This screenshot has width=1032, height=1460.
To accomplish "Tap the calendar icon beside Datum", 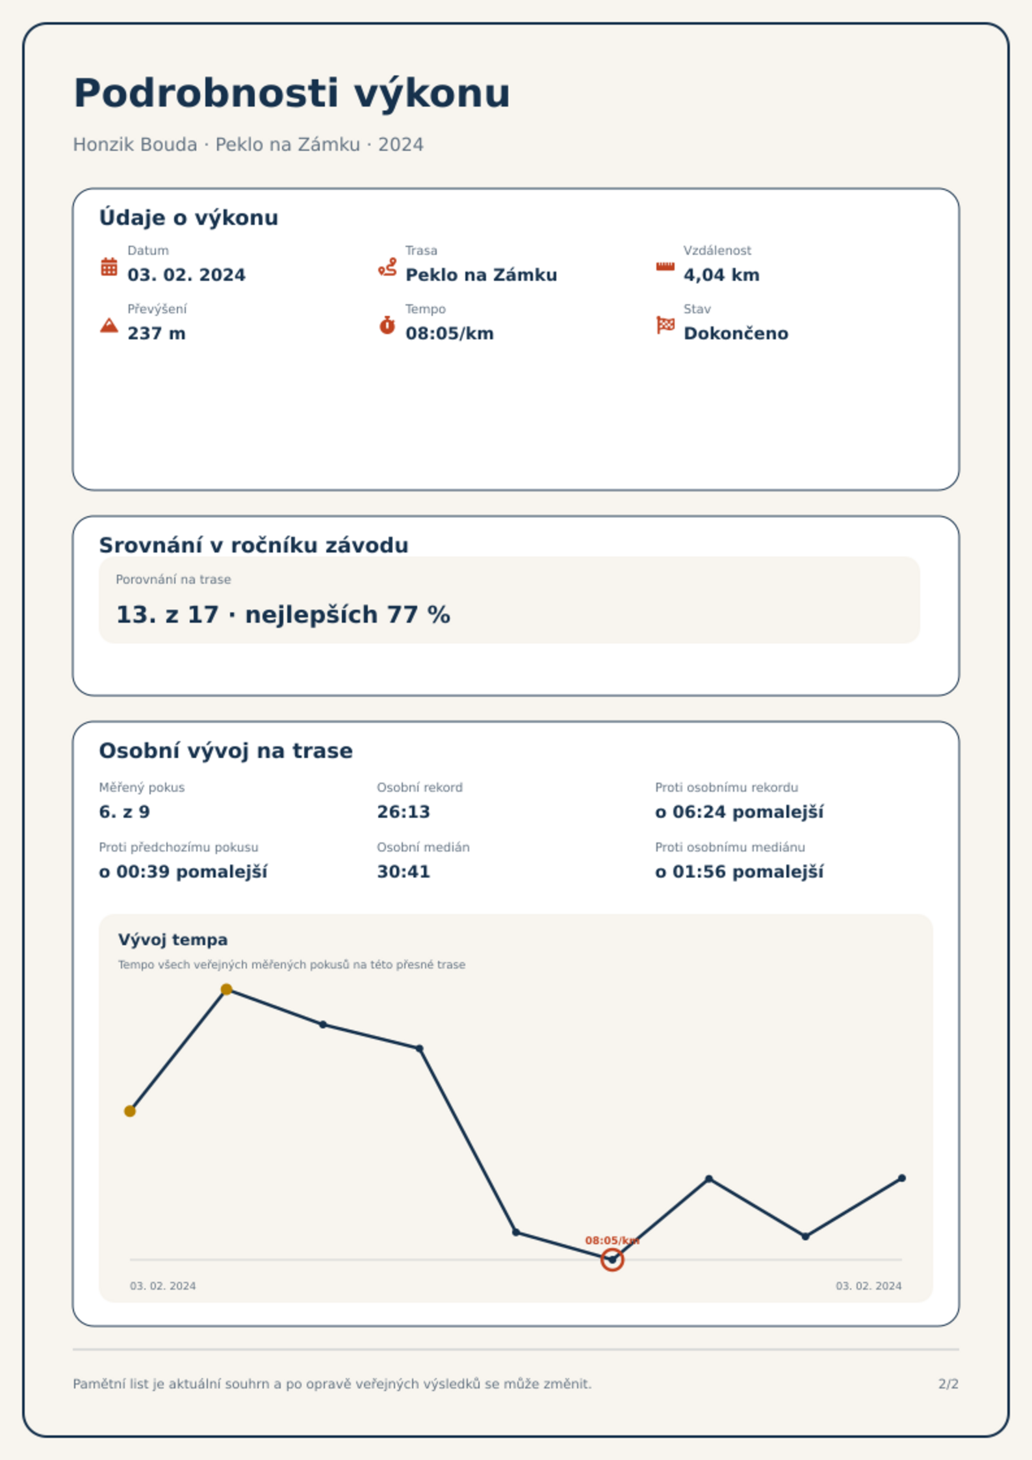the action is [109, 267].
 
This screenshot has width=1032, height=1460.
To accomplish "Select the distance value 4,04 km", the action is [721, 275].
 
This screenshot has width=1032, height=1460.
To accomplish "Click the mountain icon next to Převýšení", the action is [109, 325].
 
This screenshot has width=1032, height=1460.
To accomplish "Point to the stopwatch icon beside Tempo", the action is [387, 325].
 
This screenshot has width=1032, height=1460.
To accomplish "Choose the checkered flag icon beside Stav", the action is [665, 325].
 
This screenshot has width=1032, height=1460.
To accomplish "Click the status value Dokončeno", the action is [736, 333].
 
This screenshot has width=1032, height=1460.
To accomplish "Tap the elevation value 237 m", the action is [157, 333].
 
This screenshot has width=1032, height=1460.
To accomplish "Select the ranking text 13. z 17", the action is [167, 614].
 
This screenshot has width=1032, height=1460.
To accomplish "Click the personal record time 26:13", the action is [404, 812].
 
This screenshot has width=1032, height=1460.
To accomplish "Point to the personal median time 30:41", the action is [404, 872].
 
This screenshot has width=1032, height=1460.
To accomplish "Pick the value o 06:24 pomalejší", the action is [739, 812].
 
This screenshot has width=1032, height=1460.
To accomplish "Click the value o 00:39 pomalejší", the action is [183, 872].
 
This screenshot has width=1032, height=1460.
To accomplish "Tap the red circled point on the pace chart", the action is [612, 1260].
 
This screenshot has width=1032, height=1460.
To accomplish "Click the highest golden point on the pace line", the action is [226, 989].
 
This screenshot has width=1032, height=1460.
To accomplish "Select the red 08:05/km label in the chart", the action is [612, 1240].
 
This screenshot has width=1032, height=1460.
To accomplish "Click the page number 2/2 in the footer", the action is [948, 1384].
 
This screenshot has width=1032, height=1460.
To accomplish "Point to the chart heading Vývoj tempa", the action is [173, 940].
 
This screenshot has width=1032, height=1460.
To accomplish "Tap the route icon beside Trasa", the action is [387, 267].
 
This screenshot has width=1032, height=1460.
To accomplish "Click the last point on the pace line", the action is [902, 1178].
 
